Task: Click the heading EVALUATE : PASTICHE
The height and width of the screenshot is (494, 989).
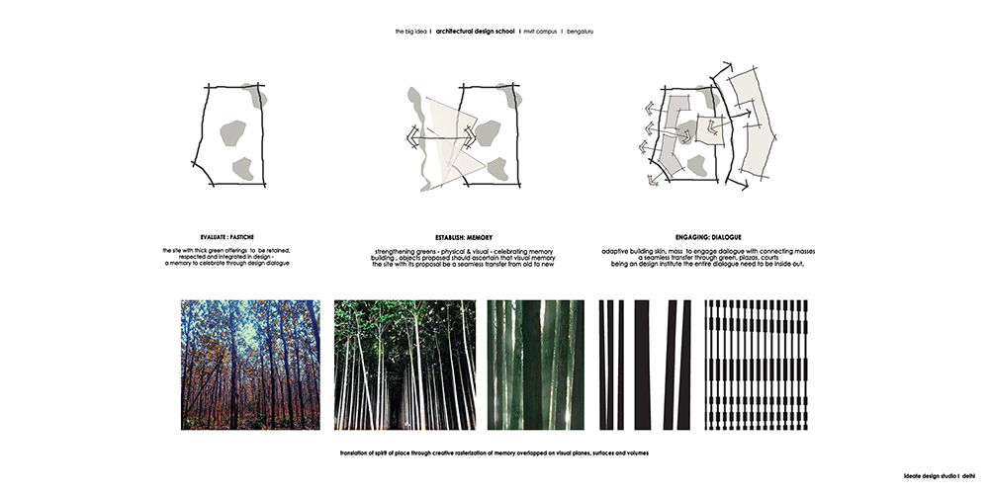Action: (227, 237)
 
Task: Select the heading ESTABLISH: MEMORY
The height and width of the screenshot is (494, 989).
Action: (464, 237)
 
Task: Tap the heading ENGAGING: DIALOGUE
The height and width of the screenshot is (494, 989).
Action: (708, 237)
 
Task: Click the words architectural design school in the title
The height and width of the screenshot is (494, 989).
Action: (475, 31)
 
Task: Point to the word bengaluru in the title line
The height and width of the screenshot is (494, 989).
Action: (581, 31)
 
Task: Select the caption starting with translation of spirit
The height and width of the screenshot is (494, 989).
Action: (494, 453)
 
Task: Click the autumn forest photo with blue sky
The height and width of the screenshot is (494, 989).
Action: (250, 365)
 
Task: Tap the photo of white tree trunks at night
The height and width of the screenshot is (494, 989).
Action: (405, 365)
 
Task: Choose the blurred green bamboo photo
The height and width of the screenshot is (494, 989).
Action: (535, 365)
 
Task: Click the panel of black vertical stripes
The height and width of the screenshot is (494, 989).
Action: (645, 365)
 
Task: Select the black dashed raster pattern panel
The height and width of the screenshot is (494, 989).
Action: (757, 365)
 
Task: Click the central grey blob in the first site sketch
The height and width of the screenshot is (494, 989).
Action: (232, 133)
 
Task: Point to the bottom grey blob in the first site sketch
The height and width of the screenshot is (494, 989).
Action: (243, 168)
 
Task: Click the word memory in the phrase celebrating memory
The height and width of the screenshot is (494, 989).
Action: (542, 252)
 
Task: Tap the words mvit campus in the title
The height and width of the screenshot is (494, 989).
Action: (541, 31)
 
